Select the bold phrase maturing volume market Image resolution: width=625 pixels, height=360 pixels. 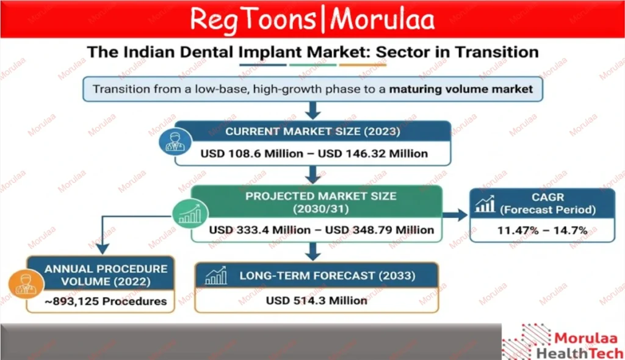point(461,89)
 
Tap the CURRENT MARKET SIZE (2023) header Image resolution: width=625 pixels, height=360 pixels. point(312,131)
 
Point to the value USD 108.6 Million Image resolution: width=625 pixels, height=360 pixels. point(251,154)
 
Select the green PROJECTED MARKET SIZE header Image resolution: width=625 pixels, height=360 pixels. point(320,202)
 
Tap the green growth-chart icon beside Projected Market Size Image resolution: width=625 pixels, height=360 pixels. point(190,215)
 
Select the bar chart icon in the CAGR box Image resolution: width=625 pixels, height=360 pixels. point(485,204)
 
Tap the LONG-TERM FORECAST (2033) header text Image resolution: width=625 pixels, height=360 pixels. point(327,276)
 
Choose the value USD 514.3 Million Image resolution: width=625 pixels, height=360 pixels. point(317,300)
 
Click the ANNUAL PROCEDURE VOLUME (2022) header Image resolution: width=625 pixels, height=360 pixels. point(106,275)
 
